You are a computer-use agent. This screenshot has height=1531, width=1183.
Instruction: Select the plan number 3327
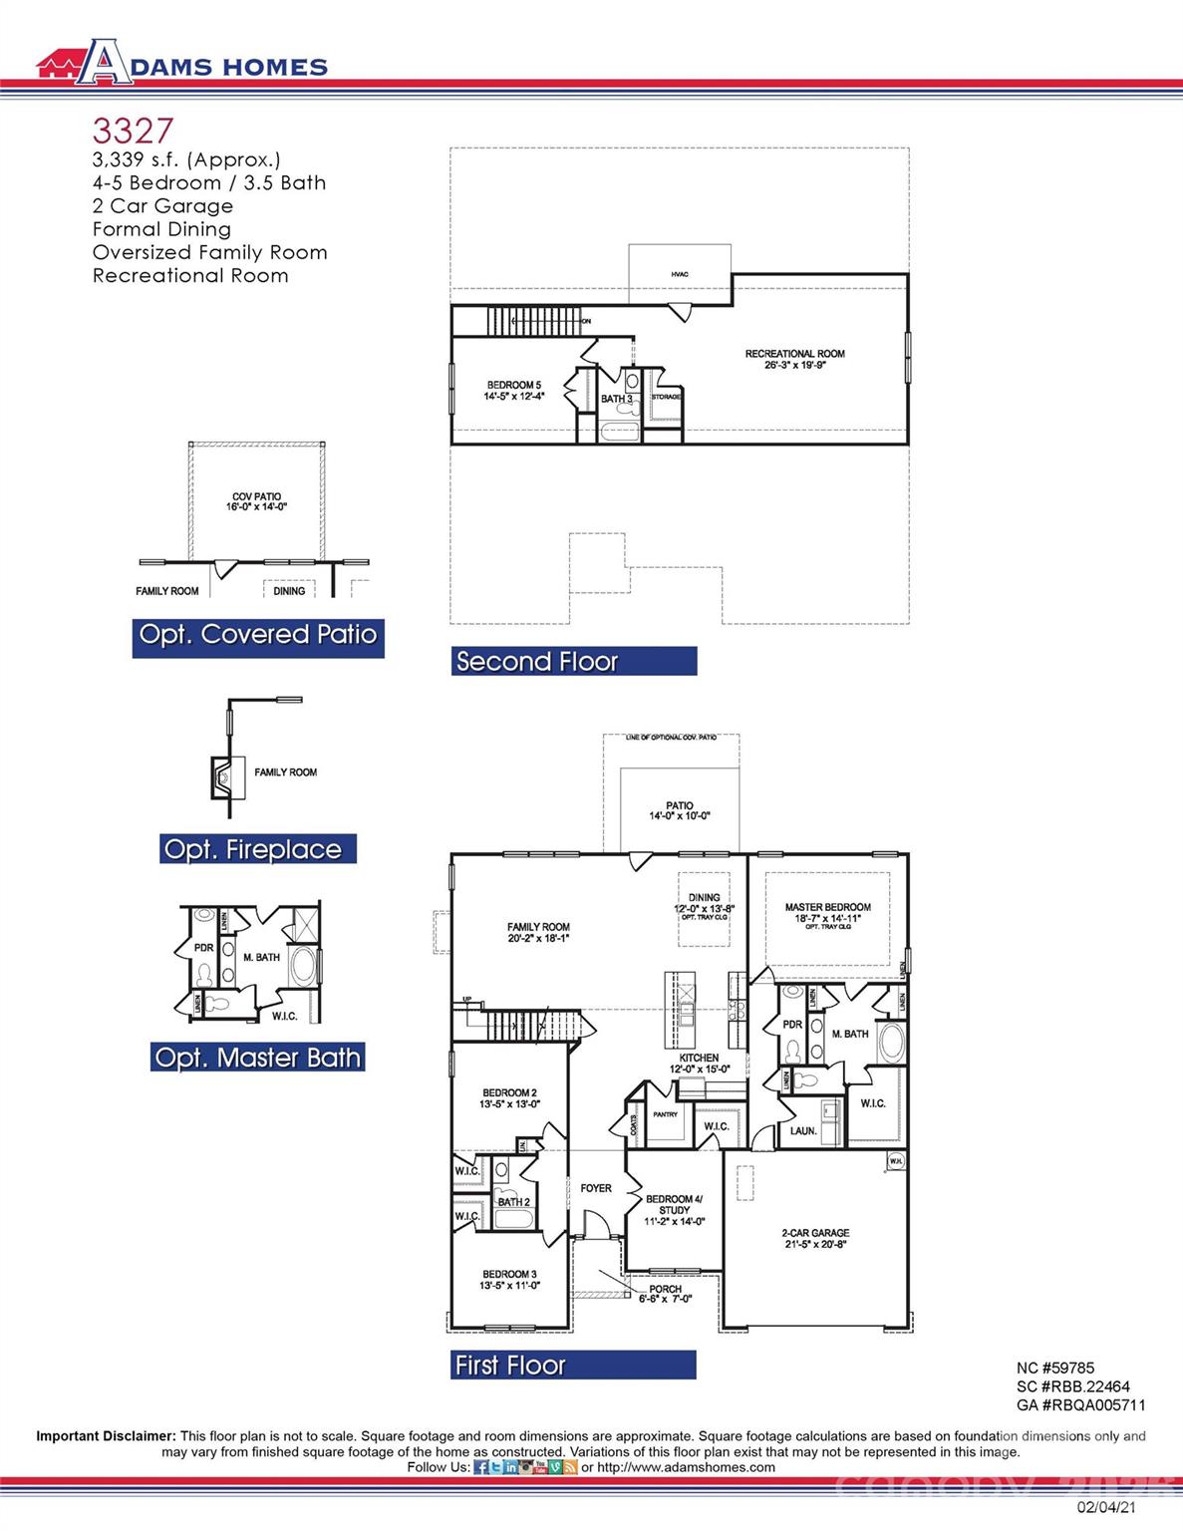coord(133,131)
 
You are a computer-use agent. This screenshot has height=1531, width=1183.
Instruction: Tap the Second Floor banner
coord(573,662)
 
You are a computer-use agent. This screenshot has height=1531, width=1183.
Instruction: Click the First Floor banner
coord(573,1366)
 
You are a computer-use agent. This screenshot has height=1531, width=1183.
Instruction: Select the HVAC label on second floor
coord(680,274)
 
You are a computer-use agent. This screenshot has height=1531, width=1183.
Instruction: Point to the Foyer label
coord(596,1188)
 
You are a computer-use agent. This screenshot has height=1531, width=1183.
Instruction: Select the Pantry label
coord(665,1114)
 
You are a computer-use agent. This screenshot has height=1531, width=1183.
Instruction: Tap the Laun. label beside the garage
coord(803,1131)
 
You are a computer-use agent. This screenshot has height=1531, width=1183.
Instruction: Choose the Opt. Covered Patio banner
coord(258,635)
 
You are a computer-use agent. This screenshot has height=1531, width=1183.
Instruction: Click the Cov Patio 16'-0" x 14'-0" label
coord(256,501)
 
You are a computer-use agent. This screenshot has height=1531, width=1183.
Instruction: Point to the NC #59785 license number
coord(1055,1369)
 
